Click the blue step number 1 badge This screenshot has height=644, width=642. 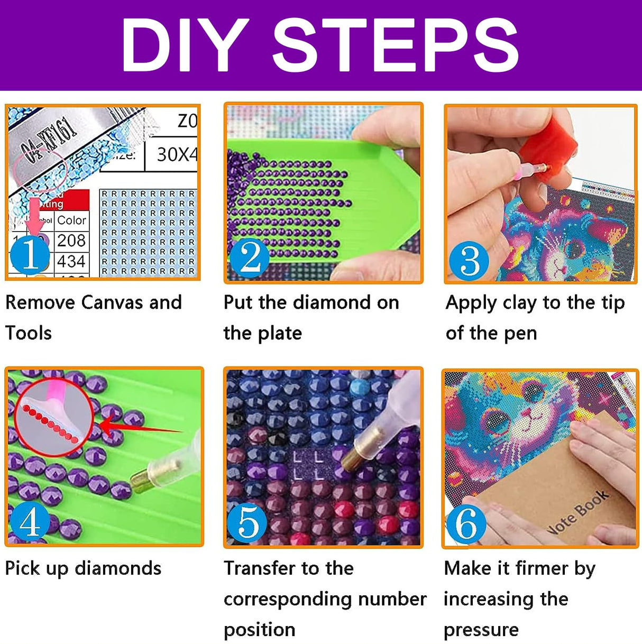(30, 255)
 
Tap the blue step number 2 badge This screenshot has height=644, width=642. (250, 258)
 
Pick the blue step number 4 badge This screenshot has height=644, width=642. (30, 522)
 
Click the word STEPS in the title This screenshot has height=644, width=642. (396, 45)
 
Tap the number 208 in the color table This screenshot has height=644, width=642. (71, 241)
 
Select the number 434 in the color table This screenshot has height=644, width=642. (71, 261)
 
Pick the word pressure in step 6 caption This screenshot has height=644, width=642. (481, 629)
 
